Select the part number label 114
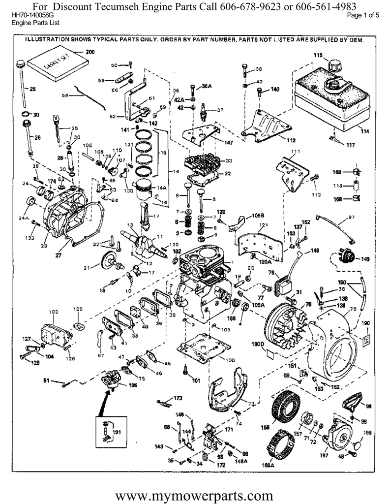tap(364, 131)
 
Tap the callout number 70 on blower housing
tap(353, 310)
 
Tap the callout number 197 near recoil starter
tap(324, 455)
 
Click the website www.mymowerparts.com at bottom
tap(195, 493)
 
